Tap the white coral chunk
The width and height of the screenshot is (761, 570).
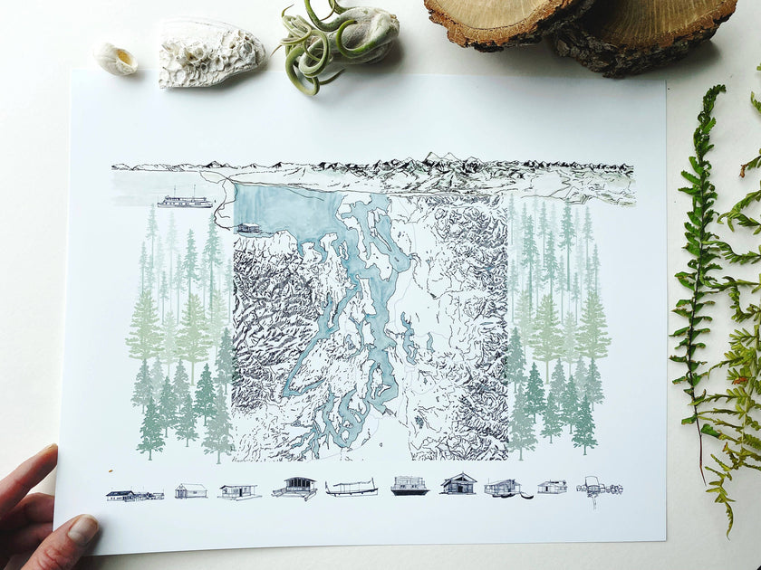tap(208, 53)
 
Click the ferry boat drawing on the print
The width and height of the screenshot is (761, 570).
tap(185, 200)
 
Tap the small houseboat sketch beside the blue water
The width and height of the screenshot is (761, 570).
tap(248, 229)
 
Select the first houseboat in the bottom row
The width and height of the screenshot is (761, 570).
tap(134, 495)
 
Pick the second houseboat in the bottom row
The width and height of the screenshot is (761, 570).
tap(190, 490)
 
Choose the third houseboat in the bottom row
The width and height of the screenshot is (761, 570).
tap(238, 491)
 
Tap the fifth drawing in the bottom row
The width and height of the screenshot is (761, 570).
tap(352, 489)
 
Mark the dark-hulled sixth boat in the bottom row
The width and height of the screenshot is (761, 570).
tap(409, 486)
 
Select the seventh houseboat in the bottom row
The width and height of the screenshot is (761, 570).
tap(458, 484)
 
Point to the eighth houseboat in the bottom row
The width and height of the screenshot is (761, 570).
tap(504, 489)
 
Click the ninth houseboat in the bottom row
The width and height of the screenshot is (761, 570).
tap(552, 487)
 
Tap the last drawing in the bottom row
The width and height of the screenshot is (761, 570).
tap(598, 488)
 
